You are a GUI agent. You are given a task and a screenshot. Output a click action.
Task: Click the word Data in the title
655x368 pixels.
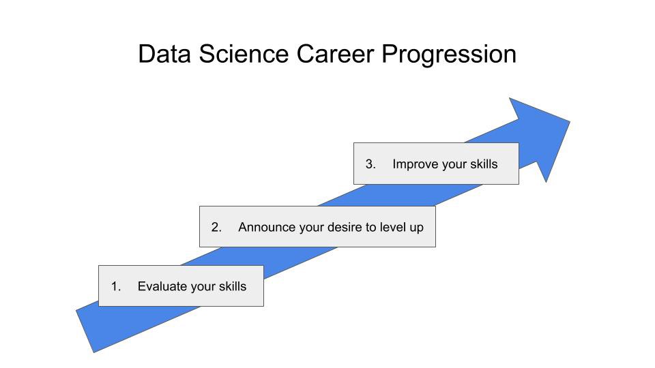pyautogui.click(x=164, y=55)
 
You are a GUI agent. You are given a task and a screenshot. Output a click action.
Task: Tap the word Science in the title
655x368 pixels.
pyautogui.click(x=244, y=55)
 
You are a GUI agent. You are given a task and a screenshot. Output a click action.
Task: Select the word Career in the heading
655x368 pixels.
pyautogui.click(x=335, y=55)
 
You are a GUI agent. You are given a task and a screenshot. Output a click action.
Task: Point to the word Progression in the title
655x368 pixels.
pyautogui.click(x=449, y=55)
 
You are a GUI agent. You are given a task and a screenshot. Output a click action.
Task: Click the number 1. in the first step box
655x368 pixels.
pyautogui.click(x=116, y=286)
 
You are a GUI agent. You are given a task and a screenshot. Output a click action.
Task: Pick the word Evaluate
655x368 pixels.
pyautogui.click(x=162, y=286)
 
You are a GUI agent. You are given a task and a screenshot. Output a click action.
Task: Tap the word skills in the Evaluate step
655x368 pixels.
pyautogui.click(x=233, y=286)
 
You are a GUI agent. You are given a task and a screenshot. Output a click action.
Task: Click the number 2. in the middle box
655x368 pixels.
pyautogui.click(x=216, y=227)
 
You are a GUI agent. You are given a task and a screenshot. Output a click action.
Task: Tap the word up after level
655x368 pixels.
pyautogui.click(x=416, y=228)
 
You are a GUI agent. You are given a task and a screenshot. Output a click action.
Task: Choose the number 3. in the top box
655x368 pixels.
pyautogui.click(x=370, y=164)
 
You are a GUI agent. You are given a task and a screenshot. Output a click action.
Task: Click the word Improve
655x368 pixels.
pyautogui.click(x=416, y=165)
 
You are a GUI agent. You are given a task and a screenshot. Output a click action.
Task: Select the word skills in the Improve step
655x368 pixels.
pyautogui.click(x=484, y=164)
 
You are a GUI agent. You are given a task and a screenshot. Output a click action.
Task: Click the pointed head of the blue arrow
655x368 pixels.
pyautogui.click(x=570, y=122)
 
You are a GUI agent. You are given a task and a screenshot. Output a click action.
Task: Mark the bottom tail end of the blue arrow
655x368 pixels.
pyautogui.click(x=85, y=331)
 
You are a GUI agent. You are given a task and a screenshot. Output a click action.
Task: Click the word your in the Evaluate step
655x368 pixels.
pyautogui.click(x=203, y=288)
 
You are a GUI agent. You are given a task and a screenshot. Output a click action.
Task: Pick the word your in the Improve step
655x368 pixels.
pyautogui.click(x=454, y=165)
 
